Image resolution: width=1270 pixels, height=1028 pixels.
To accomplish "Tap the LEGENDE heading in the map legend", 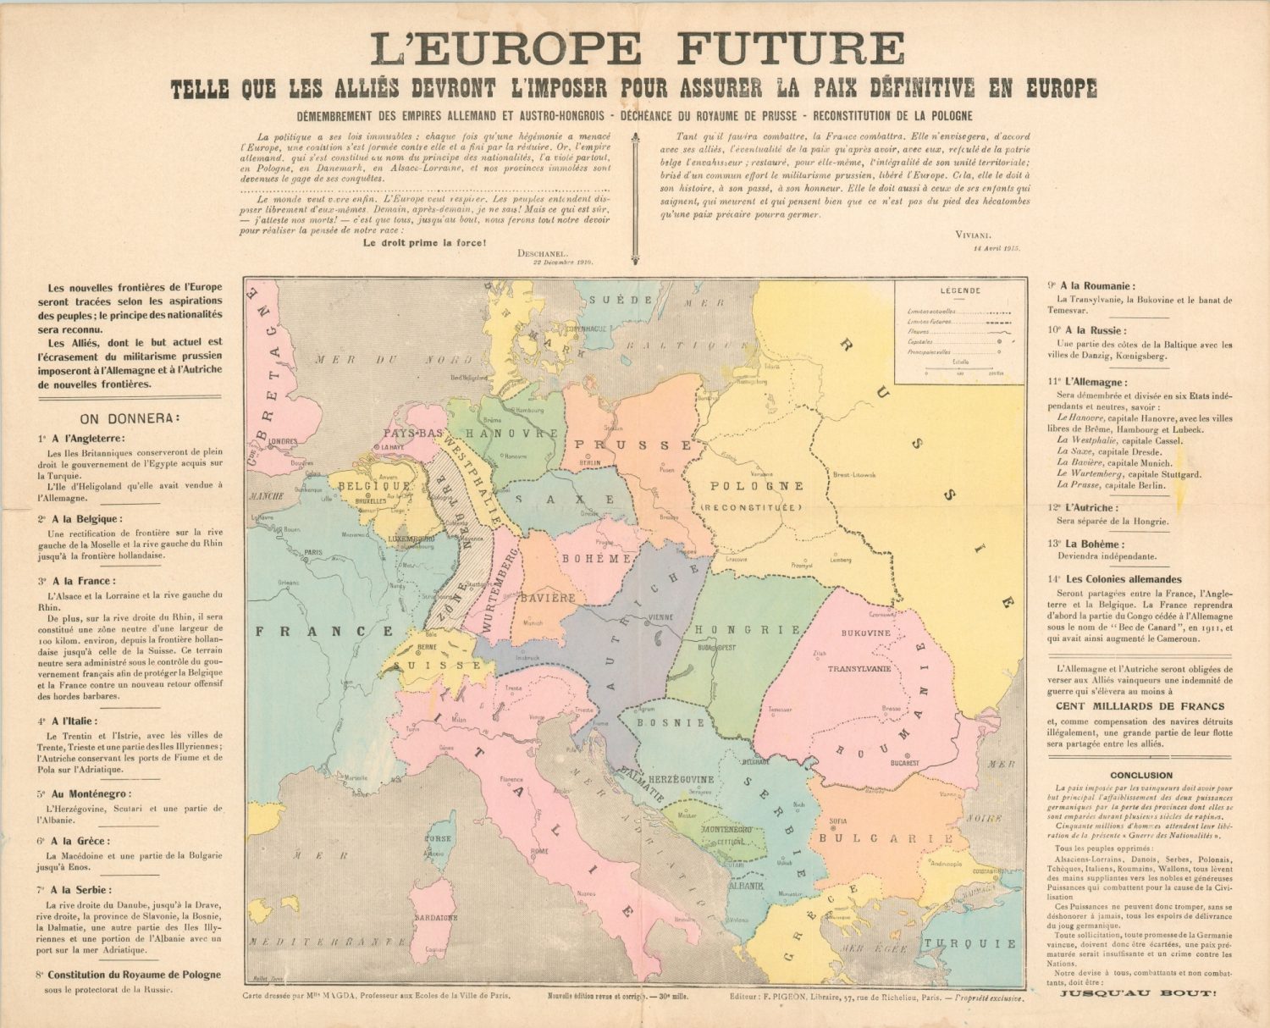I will (960, 290).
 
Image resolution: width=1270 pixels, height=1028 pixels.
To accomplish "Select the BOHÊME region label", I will (596, 558).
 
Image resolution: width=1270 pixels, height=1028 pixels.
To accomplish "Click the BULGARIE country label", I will (886, 838).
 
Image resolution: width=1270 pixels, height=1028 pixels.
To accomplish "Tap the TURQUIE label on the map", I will (969, 943).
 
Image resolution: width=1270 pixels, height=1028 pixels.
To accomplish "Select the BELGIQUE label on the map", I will (374, 486).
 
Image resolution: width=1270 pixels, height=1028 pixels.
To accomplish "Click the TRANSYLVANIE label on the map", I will (859, 668).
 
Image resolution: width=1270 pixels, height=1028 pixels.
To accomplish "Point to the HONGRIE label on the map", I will (747, 629).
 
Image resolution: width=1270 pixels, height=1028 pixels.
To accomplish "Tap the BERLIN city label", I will (589, 463).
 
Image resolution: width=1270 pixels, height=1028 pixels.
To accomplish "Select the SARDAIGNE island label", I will (435, 917).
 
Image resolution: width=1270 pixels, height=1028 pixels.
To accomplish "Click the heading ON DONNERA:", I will (129, 418).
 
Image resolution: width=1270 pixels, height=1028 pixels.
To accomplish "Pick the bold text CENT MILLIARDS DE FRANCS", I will (1140, 705).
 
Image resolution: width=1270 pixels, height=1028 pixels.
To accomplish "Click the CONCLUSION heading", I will (1141, 775).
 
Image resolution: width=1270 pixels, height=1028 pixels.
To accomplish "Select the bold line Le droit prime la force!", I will (424, 242).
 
